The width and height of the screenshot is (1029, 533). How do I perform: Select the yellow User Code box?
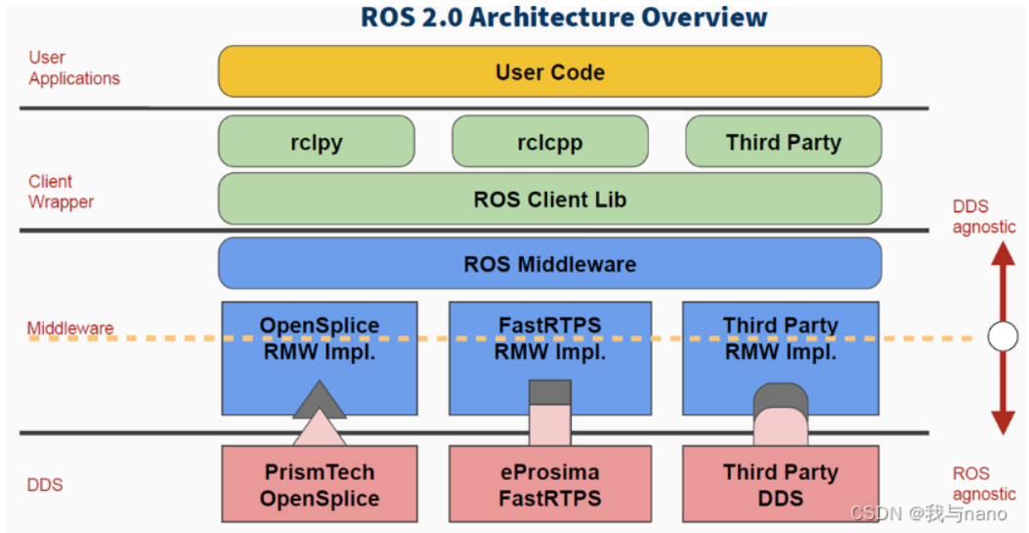coord(549,71)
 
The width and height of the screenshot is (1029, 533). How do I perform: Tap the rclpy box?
coord(316,142)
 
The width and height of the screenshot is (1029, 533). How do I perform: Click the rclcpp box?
coord(549,142)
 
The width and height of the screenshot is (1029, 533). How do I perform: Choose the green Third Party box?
coord(783,142)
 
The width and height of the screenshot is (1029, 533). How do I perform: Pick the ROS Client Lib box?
coord(549,200)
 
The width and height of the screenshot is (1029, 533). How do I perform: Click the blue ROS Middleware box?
coord(549,264)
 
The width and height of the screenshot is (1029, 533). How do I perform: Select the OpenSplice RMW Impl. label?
coord(320,338)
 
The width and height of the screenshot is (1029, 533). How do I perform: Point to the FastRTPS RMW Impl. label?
coord(549,338)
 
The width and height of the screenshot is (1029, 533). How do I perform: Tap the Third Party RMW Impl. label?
coord(780,338)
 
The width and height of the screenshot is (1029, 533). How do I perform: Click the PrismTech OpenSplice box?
coord(320,485)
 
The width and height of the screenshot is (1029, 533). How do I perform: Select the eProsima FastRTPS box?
coord(549,485)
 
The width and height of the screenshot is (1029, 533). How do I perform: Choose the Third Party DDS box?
coord(780,485)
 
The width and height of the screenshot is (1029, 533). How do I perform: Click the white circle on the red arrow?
coord(1003,337)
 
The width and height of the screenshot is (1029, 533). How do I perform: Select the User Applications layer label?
coord(74,68)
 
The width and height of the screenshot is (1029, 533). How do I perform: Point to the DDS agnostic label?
coord(984,216)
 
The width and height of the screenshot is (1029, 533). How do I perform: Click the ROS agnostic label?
coord(984,483)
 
